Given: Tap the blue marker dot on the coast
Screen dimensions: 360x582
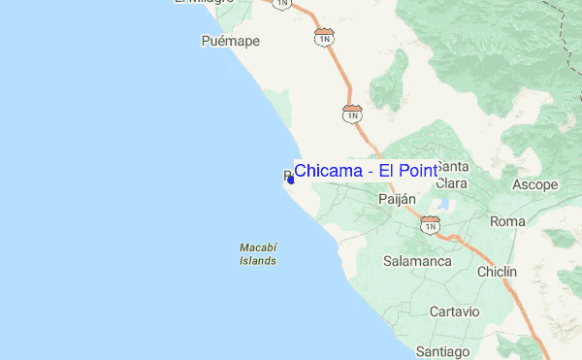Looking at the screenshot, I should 291,180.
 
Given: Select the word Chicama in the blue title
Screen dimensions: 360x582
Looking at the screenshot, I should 329,171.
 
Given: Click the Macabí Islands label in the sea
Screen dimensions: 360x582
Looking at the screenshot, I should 258,254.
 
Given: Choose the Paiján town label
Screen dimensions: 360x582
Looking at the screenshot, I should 396,199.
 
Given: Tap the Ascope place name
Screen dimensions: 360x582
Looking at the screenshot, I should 534,184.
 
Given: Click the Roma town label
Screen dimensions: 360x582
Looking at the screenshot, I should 507,221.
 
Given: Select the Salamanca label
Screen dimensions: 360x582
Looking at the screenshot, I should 417,261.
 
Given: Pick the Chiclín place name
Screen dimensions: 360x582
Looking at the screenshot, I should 497,273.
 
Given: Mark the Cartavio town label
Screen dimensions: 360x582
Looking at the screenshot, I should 455,311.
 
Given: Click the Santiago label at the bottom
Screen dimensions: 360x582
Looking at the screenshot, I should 442,350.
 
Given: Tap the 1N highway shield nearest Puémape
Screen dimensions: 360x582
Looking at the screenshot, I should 324,36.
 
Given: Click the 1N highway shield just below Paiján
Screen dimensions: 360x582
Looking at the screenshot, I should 430,225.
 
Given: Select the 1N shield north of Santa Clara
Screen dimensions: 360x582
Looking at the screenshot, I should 352,113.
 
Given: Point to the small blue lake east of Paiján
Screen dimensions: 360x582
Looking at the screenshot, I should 442,205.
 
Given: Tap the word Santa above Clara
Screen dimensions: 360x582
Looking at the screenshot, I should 453,165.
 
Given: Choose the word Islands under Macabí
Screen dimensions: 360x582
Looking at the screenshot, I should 258,261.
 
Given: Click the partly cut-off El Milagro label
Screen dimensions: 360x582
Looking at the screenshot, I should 204,3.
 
